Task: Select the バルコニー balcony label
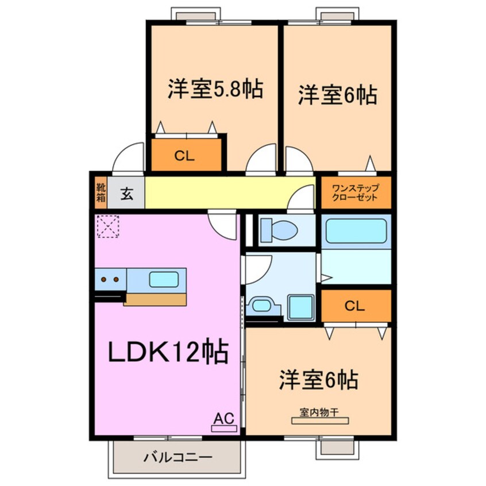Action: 178,458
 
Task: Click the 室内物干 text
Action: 319,411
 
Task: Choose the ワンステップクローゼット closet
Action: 354,192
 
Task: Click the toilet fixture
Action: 278,230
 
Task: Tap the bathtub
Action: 356,231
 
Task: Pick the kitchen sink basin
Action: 163,280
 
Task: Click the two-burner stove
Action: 110,280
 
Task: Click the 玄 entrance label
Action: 126,194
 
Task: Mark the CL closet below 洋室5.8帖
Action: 186,155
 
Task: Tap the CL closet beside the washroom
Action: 355,306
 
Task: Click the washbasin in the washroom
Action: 262,305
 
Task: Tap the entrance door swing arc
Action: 128,158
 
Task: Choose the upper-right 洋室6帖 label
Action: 337,95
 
